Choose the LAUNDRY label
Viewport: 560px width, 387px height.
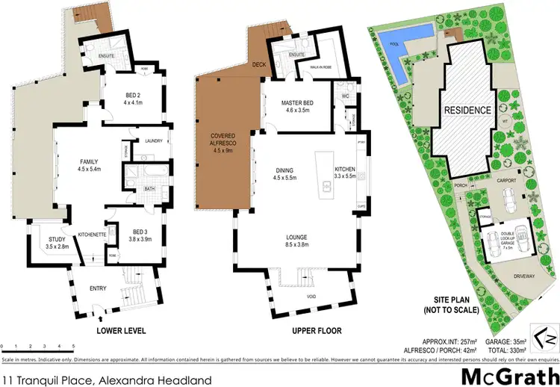pos(154,140)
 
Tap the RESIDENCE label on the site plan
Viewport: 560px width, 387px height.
pos(468,110)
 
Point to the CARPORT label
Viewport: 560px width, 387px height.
pos(507,180)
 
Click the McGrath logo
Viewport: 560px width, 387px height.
pos(508,374)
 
